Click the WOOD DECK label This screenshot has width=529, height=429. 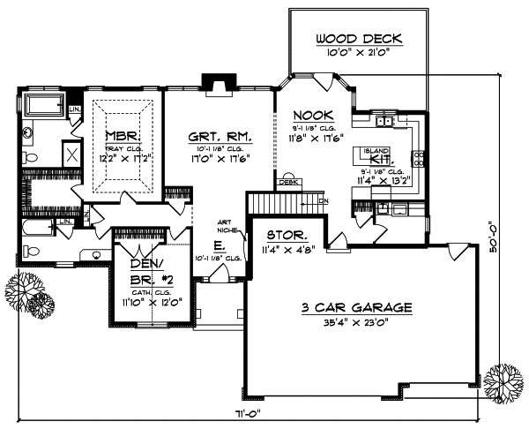point(359,38)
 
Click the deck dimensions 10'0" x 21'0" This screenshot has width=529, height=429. point(359,53)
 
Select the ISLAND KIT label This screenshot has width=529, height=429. point(378,157)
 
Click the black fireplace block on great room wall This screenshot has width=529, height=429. point(214,83)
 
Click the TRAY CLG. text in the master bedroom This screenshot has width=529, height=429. point(119,148)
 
